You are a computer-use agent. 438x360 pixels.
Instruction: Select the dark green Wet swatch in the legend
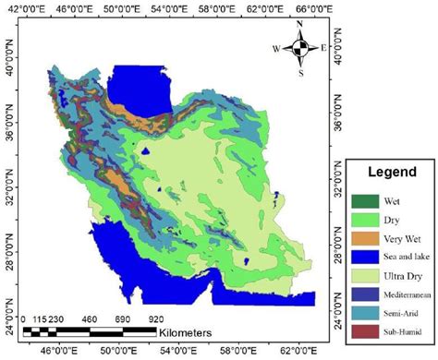click(364, 200)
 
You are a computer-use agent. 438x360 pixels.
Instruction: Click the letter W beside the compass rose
click(276, 48)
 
